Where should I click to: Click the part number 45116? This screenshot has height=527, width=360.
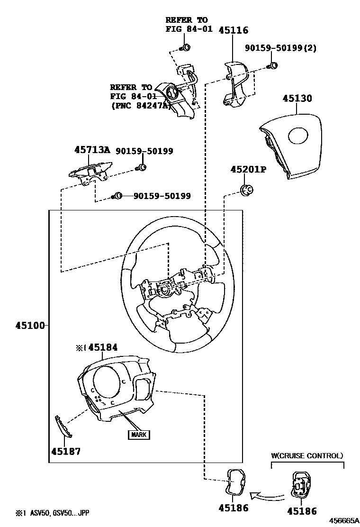click(x=233, y=31)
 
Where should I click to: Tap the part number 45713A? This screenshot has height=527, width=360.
click(x=92, y=150)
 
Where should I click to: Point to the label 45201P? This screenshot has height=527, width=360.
click(x=248, y=170)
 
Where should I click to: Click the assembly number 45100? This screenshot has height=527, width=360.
click(x=30, y=326)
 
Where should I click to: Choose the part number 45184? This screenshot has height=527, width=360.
click(x=102, y=348)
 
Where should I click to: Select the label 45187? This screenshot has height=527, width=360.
click(x=65, y=451)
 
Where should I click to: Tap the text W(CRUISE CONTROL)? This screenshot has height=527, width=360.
click(x=307, y=456)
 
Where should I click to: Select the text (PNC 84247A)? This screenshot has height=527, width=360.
click(x=141, y=106)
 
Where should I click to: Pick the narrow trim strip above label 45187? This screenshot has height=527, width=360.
click(x=64, y=427)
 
